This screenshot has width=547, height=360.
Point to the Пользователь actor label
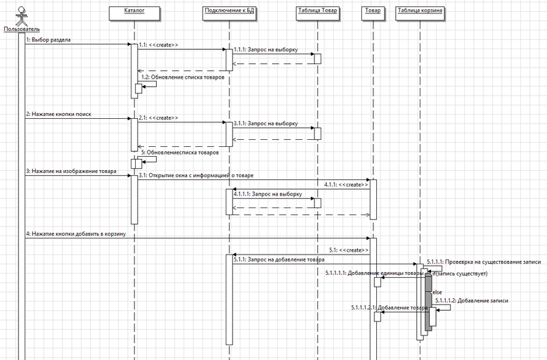[x=17, y=30]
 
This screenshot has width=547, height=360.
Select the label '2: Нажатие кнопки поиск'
[x=58, y=114]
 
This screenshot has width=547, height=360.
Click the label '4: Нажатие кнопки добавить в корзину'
[x=75, y=234]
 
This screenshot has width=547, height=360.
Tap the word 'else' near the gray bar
[x=437, y=292]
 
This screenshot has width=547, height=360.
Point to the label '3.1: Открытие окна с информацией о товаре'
[x=195, y=175]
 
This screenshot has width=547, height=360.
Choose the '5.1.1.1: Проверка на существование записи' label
[x=483, y=261]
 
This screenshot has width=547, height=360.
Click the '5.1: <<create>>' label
[x=348, y=250]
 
